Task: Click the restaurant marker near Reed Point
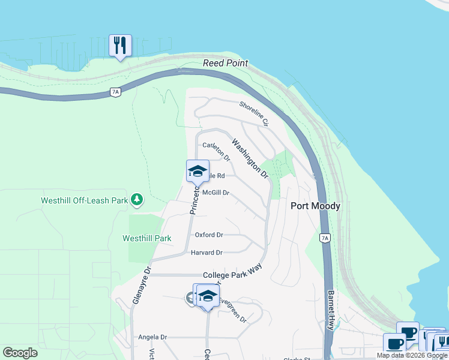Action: click(120, 46)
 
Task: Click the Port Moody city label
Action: click(315, 206)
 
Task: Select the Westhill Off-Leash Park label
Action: click(84, 200)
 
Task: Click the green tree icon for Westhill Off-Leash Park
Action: click(137, 199)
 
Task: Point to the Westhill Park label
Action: click(147, 238)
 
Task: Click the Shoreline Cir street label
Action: click(253, 113)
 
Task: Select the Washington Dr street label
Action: click(250, 160)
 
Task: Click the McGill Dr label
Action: click(216, 193)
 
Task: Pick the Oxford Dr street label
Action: click(209, 235)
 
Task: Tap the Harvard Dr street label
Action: click(206, 253)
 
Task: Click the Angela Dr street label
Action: click(152, 338)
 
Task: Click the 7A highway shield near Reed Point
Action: click(115, 92)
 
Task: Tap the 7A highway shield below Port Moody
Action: click(325, 238)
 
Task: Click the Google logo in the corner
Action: click(20, 353)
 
